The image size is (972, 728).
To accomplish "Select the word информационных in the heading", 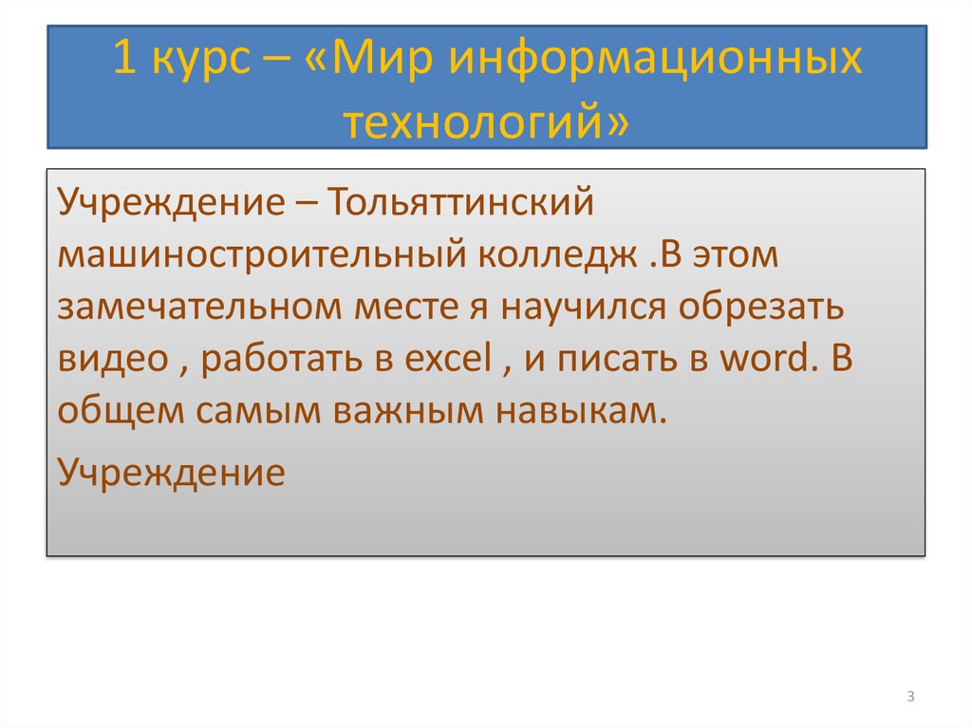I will (654, 61).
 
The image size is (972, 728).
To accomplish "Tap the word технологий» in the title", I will (486, 121).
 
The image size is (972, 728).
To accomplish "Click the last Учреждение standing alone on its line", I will (171, 471).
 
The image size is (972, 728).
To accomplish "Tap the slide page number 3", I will (909, 698).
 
